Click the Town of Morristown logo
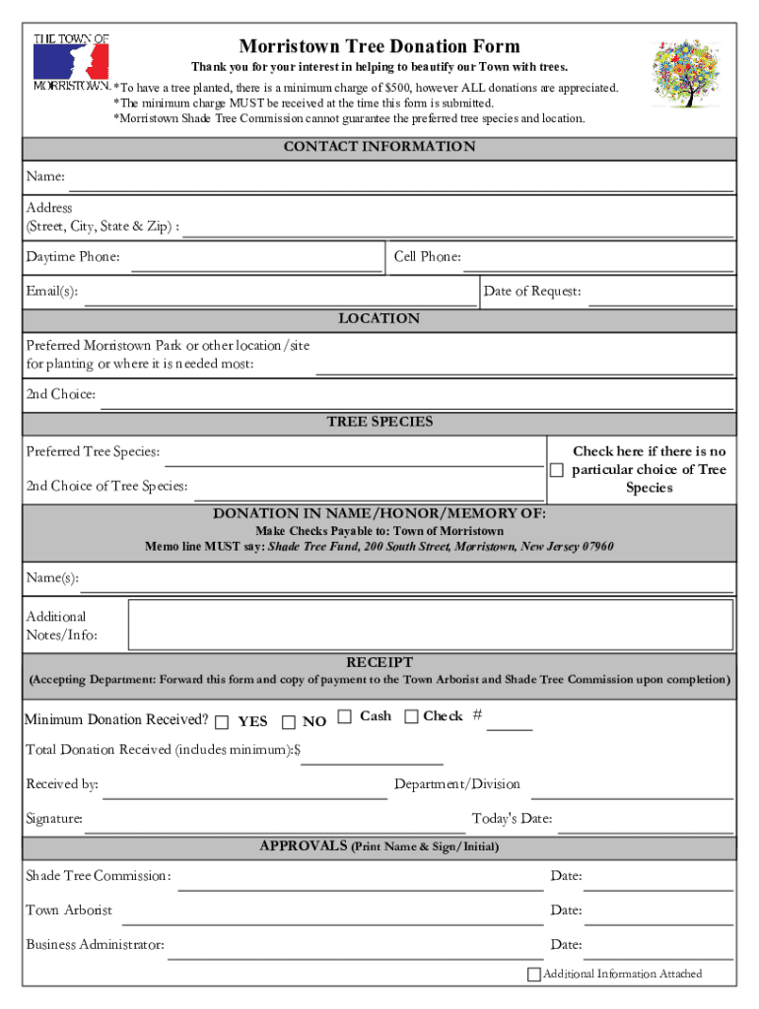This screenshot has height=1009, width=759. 71,61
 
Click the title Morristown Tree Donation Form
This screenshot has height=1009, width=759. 379,46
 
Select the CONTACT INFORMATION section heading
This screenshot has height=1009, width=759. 379,147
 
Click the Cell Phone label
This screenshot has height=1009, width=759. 428,257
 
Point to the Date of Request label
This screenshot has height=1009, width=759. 532,291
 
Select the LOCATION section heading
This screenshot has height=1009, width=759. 379,319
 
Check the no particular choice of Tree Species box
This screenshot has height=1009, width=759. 557,470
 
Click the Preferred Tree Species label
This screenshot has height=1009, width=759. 93,452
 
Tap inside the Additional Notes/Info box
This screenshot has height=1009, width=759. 431,625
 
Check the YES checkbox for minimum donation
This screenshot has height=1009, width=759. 222,721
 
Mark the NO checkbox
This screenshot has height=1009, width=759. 289,721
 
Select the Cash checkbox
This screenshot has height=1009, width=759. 345,716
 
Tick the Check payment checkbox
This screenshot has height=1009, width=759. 411,716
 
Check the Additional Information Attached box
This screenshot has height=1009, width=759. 534,975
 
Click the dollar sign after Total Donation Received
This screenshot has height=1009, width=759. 298,750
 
